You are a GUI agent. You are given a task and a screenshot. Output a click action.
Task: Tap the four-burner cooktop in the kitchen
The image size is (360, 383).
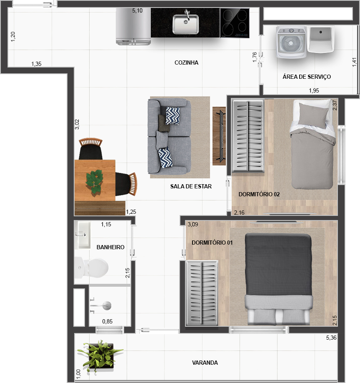tap(235, 23)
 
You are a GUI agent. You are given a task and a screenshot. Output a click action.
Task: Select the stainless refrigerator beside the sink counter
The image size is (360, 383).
tap(133, 26)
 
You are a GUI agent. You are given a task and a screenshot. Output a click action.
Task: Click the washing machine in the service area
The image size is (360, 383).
tap(291, 42)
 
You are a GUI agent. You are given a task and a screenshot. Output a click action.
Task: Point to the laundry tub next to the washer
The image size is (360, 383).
tap(320, 39)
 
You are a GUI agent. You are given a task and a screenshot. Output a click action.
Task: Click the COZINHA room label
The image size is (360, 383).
tap(186, 63)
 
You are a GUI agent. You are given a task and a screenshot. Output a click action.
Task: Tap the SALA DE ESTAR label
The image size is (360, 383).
tap(191, 186)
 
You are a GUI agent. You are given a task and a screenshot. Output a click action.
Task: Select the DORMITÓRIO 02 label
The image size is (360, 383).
tap(259, 194)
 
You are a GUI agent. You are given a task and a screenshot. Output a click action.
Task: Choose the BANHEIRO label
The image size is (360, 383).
tap(110, 247)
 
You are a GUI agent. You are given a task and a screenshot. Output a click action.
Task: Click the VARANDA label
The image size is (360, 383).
tap(205, 363)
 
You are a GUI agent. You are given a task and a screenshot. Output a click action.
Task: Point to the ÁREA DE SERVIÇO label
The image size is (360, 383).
tap(307, 77)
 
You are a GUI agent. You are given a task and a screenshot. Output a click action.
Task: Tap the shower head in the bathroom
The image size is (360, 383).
tap(107, 305)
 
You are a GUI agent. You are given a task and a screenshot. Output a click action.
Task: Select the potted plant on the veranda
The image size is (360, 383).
tap(100, 355)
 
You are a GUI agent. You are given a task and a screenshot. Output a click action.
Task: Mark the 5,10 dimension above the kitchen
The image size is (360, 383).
tap(137, 11)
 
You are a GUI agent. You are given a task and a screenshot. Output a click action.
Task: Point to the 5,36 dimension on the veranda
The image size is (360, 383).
tap(331, 338)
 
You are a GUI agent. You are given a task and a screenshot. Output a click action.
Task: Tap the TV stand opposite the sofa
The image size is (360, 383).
tap(219, 136)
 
